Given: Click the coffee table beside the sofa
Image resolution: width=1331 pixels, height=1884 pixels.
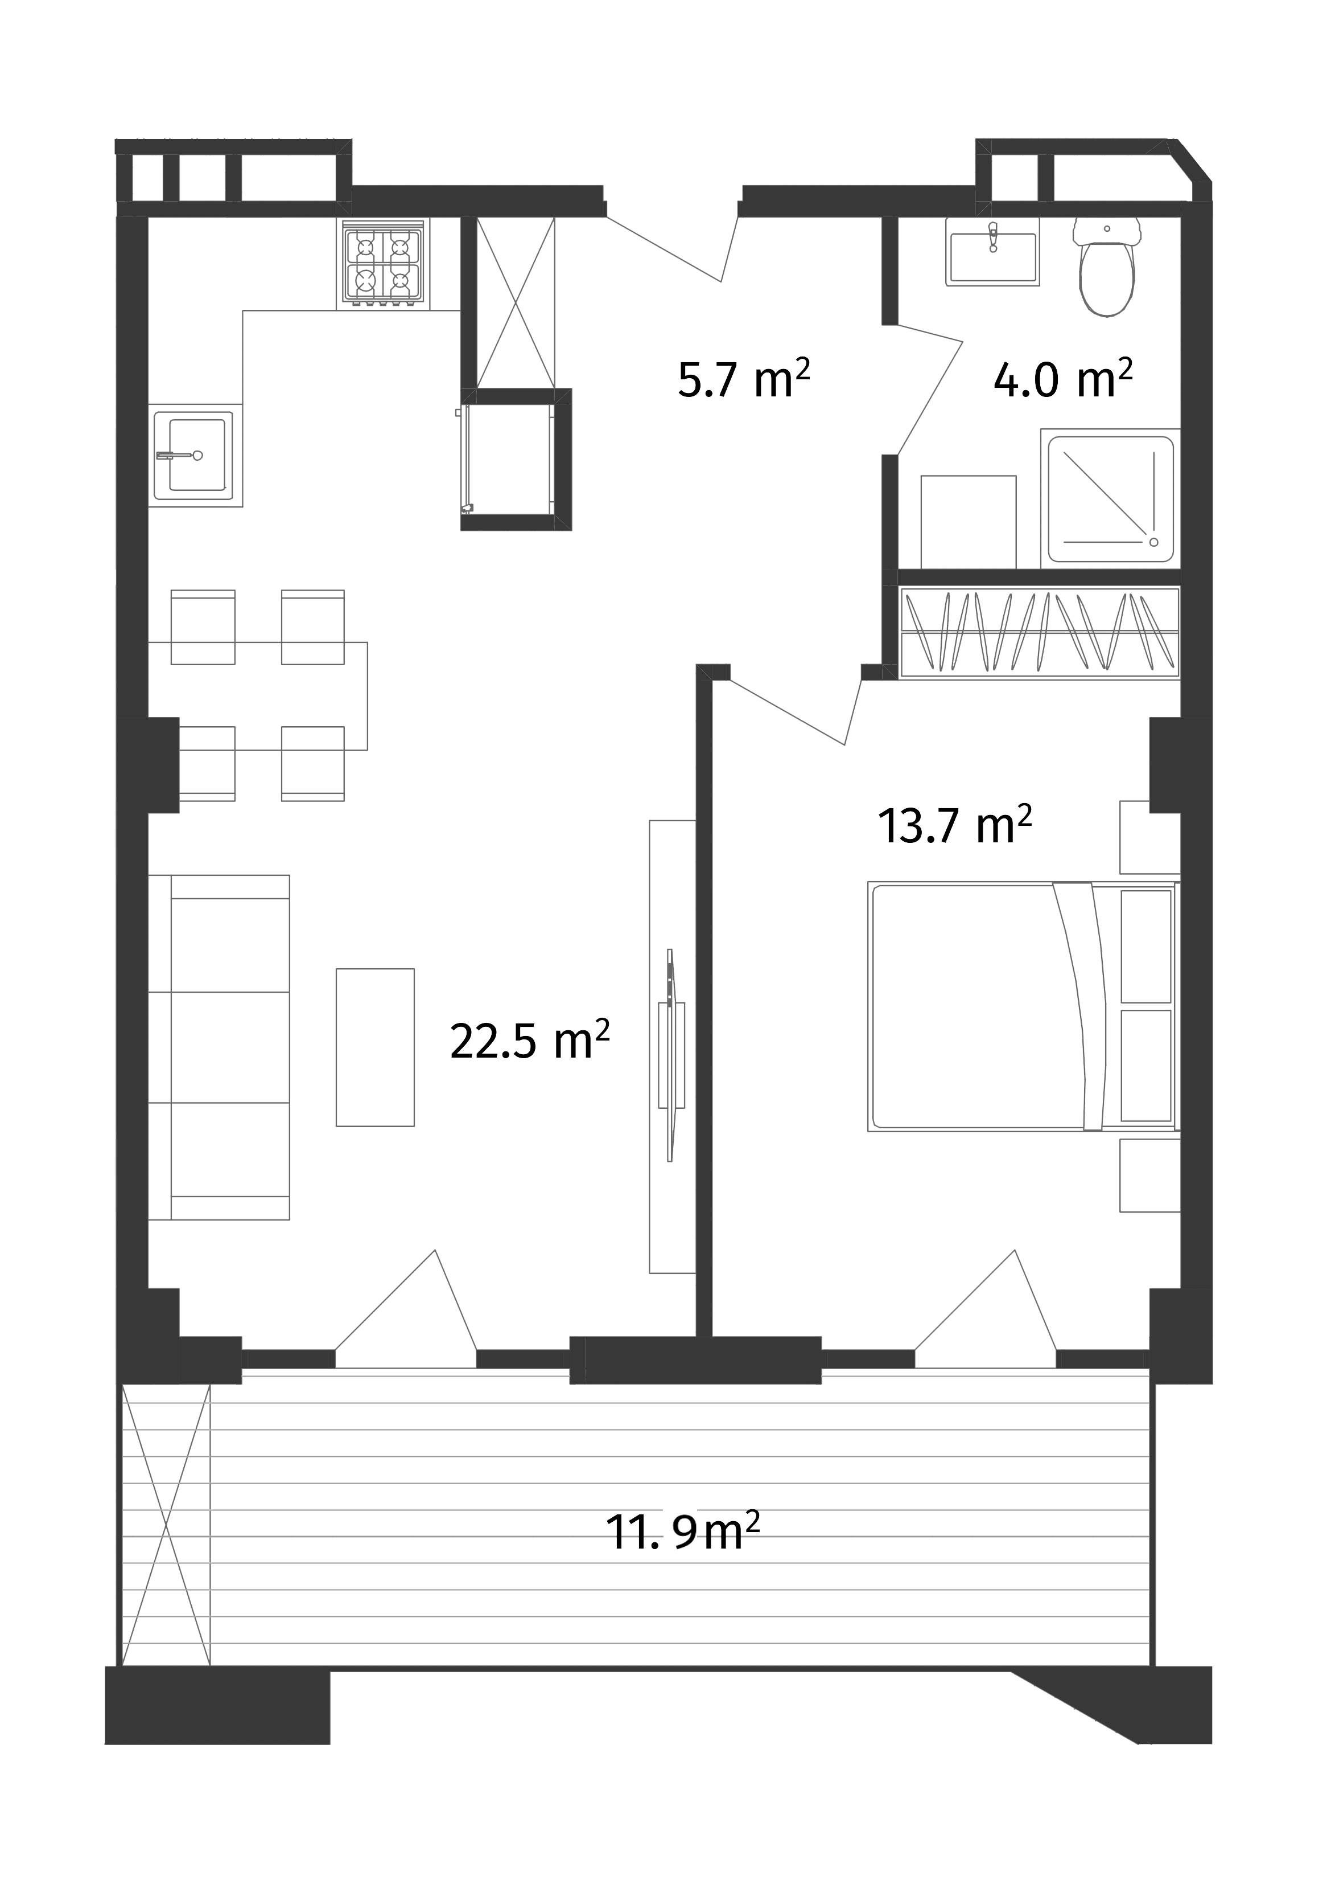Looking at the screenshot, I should tap(375, 1047).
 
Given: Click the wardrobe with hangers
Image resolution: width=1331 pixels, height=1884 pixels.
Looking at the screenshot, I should tap(1040, 631).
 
